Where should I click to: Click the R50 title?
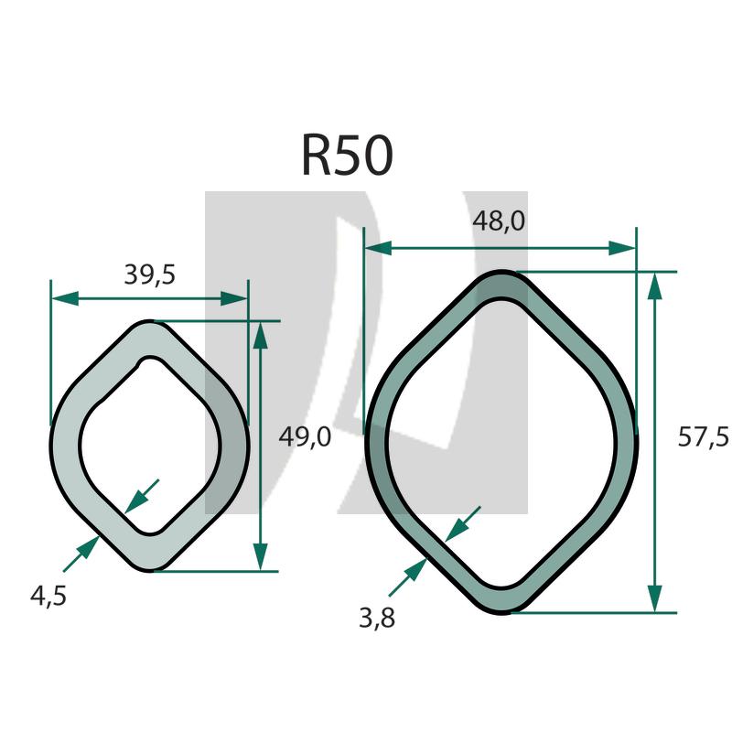pos(347,156)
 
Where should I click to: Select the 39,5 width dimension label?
pos(149,274)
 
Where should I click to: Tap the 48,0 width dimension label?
pos(499,222)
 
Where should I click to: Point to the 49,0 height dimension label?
pos(304,438)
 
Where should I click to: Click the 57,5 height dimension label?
pos(703,438)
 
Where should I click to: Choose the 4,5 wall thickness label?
pos(48,596)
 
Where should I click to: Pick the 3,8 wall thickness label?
pos(376,619)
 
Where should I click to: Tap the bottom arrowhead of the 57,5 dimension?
pos(654,598)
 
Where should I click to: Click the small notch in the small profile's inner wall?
pos(141,364)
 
